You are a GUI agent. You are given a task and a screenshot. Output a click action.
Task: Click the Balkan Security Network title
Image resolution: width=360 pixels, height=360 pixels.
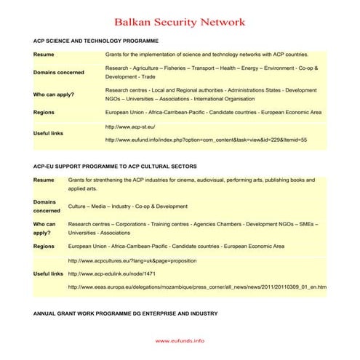(x=180, y=23)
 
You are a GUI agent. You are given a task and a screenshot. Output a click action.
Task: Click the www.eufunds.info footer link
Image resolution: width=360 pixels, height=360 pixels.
(x=180, y=340)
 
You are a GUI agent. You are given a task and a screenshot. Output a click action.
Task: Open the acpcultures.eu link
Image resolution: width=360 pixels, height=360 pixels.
(x=131, y=260)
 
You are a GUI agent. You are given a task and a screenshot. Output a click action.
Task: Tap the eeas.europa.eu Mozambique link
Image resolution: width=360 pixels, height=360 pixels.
(x=196, y=287)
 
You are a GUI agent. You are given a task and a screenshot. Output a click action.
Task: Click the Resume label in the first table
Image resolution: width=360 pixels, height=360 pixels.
(x=44, y=55)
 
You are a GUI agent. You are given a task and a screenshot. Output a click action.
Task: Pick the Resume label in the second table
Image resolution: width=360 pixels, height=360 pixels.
(x=44, y=179)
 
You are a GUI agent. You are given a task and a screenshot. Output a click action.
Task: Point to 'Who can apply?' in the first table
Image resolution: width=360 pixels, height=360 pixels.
(x=54, y=95)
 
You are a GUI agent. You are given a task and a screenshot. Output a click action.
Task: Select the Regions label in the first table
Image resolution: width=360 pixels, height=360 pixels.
(x=44, y=113)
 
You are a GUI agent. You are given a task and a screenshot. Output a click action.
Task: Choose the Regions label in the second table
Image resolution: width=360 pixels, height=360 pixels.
(x=44, y=247)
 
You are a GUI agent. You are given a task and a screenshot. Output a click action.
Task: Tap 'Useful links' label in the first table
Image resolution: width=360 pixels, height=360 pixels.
(x=49, y=133)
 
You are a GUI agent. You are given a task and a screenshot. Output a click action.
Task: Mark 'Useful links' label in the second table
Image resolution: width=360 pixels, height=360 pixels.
(x=49, y=273)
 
